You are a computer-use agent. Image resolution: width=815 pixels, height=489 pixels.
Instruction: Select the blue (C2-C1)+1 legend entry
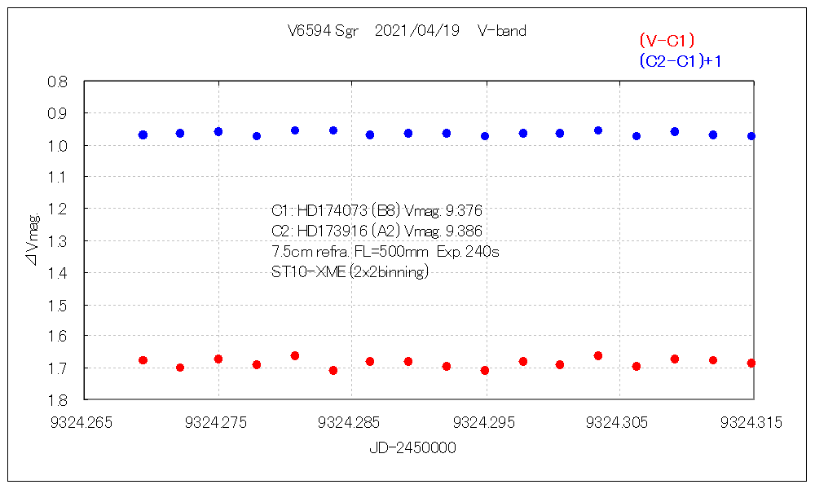681,61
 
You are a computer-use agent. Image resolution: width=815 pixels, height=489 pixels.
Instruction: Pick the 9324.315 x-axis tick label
751,422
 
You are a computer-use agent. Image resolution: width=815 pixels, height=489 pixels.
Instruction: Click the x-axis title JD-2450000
412,447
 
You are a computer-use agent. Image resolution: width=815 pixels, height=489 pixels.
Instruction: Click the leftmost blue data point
143,134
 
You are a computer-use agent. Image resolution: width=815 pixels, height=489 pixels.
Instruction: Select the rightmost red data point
751,363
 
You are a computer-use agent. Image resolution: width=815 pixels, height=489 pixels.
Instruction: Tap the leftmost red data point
143,360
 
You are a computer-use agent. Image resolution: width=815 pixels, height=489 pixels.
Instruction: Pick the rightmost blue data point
751,136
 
